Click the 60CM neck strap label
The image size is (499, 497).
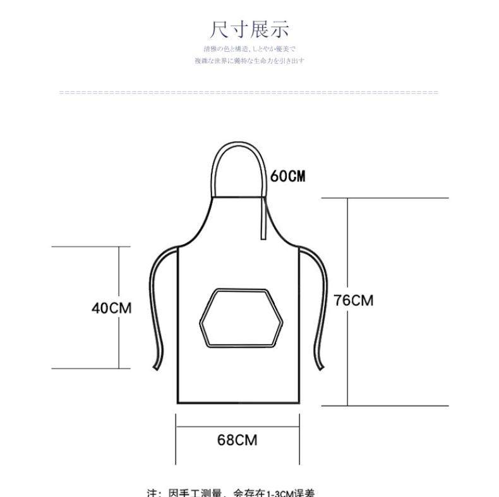coord(288,176)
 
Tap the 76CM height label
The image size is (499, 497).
coord(354,300)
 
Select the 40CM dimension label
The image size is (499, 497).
coord(112,308)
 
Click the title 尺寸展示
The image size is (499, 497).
coord(249,29)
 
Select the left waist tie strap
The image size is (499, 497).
coord(154,310)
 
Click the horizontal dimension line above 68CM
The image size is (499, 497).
coord(237,426)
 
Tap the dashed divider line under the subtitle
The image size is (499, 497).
coord(248,93)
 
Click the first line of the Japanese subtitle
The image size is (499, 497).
coord(249,49)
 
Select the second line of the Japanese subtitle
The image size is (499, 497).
coord(249,61)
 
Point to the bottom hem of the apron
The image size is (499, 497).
coord(237,403)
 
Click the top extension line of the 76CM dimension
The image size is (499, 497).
coord(385,198)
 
